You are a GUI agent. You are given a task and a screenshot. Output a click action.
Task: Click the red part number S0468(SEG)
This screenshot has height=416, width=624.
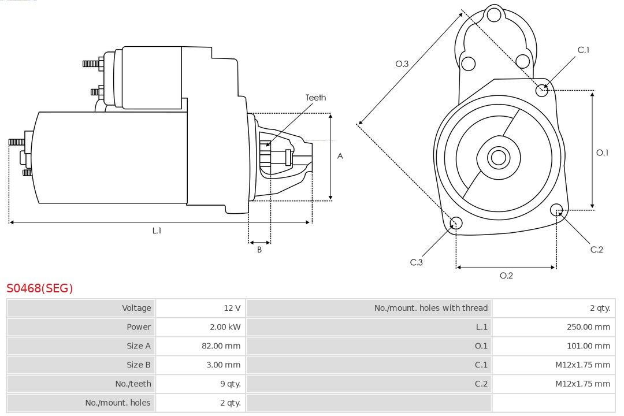tap(40, 288)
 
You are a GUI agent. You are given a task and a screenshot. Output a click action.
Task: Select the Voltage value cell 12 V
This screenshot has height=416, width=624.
tap(232, 308)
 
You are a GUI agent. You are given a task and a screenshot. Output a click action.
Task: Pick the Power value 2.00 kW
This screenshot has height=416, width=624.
tap(225, 327)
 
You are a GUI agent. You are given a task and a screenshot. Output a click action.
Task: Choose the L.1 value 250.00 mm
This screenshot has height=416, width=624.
tap(588, 327)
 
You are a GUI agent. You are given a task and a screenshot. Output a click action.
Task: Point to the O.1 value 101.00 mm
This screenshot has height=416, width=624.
tap(589, 346)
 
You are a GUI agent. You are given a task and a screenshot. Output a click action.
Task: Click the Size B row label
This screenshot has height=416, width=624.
tap(139, 365)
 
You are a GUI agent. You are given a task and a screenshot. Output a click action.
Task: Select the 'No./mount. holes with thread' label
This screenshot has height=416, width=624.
tap(430, 308)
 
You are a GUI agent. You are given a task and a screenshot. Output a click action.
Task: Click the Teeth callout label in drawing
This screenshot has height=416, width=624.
tap(315, 98)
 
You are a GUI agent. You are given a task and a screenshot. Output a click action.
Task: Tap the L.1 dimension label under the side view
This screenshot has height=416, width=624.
tap(157, 231)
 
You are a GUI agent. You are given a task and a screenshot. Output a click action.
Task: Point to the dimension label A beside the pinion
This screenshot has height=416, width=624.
tap(340, 156)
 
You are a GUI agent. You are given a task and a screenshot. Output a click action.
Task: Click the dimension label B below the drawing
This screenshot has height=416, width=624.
tap(259, 250)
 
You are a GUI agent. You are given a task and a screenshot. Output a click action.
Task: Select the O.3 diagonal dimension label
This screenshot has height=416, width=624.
tap(402, 64)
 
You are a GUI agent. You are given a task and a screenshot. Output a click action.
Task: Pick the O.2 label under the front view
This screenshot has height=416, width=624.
tap(506, 276)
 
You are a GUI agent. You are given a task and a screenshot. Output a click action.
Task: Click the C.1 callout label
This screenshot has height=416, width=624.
tap(584, 50)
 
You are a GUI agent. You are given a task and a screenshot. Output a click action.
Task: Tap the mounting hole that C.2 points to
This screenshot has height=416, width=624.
tap(557, 209)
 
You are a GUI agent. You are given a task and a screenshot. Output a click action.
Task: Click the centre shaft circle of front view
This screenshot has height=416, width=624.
tap(497, 157)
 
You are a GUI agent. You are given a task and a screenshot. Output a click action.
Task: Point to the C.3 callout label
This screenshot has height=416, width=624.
tap(417, 262)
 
